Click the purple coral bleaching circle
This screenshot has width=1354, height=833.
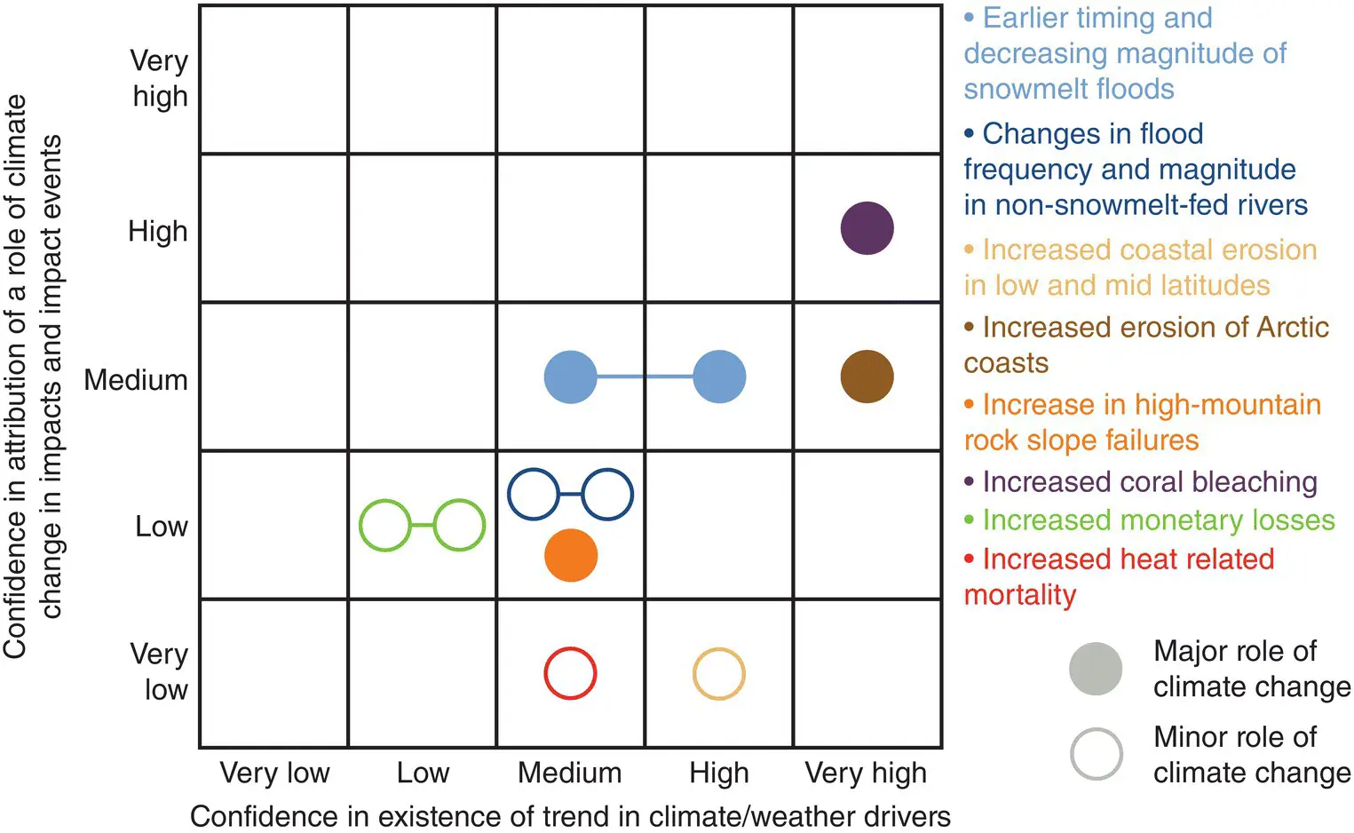867,228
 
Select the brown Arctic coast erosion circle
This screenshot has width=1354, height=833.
867,377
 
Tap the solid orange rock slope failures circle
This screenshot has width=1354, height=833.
571,556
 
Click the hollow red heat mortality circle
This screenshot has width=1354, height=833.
570,674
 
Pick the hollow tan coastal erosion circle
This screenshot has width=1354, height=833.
718,674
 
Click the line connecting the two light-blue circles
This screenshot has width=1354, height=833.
645,377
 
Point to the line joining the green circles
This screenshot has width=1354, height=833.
423,526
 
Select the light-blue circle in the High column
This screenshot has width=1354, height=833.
719,377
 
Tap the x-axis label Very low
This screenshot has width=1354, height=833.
274,773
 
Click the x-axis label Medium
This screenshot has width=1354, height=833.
570,773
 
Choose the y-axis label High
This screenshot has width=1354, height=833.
158,231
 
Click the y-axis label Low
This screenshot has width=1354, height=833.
162,527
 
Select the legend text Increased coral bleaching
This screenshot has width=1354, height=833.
1149,481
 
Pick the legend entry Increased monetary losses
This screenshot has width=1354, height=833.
1158,520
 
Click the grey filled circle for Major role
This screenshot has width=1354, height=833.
1096,669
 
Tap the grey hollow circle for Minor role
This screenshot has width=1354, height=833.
1097,754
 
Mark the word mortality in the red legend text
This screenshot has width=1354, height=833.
1020,594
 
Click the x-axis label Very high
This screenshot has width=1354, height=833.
866,773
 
